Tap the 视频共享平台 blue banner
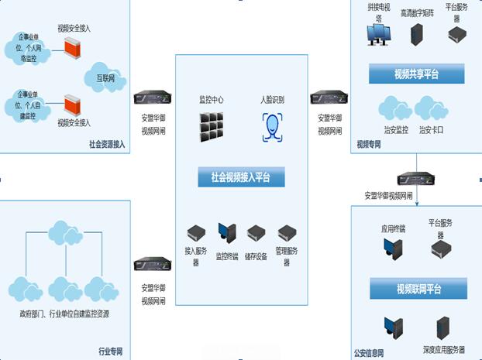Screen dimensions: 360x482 pyautogui.click(x=418, y=74)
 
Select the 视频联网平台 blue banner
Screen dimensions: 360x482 pyautogui.click(x=418, y=290)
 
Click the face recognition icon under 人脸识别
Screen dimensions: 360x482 pyautogui.click(x=272, y=126)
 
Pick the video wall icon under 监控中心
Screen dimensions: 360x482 pyautogui.click(x=212, y=127)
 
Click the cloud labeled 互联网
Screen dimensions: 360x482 pyautogui.click(x=103, y=75)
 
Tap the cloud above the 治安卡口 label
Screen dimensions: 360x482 pyautogui.click(x=431, y=108)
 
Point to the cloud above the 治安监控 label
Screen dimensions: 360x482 pyautogui.click(x=395, y=108)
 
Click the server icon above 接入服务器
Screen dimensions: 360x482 pyautogui.click(x=195, y=232)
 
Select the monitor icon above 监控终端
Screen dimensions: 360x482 pyautogui.click(x=226, y=232)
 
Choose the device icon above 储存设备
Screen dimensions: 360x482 pyautogui.click(x=256, y=232)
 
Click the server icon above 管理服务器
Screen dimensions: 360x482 pyautogui.click(x=287, y=232)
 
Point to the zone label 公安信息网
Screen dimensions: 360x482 pyautogui.click(x=370, y=352)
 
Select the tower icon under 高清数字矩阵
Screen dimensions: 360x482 pyautogui.click(x=418, y=34)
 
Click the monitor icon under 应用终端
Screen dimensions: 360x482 pyautogui.click(x=393, y=248)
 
